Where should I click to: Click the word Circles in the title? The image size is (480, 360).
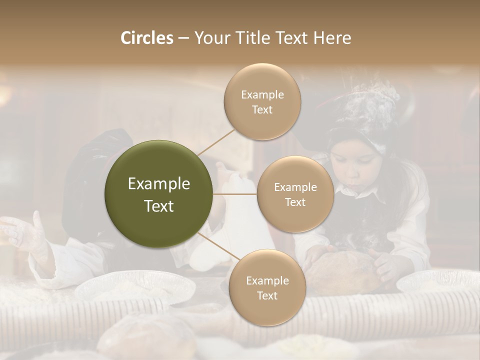click(147, 38)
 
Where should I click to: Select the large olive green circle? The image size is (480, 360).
click(158, 194)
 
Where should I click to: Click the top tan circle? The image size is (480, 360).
click(262, 101)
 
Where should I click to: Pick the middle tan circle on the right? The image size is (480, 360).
click(295, 194)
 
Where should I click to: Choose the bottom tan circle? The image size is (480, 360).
click(267, 287)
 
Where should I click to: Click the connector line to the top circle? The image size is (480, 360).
click(215, 141)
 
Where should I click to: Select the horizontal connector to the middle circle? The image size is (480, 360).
click(235, 194)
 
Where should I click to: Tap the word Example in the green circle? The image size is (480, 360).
click(158, 184)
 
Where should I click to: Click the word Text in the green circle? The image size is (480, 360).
click(158, 206)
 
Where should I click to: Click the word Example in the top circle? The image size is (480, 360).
click(262, 94)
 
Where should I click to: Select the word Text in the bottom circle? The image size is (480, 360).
click(267, 295)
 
